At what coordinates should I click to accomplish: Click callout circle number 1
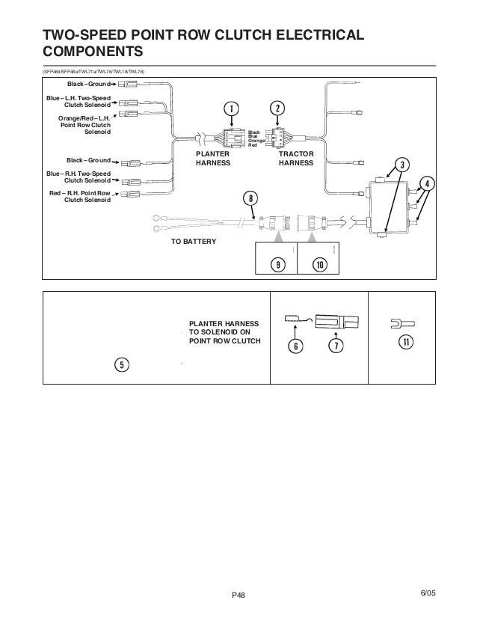pyautogui.click(x=232, y=108)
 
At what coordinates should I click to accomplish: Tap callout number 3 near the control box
pyautogui.click(x=401, y=165)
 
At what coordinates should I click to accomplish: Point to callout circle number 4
pyautogui.click(x=427, y=183)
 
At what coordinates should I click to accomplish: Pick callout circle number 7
pyautogui.click(x=336, y=346)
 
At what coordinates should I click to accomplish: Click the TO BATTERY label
pyautogui.click(x=193, y=242)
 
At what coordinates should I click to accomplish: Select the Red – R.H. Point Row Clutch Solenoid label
pyautogui.click(x=79, y=196)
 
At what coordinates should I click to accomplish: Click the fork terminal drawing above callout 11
pyautogui.click(x=401, y=324)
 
